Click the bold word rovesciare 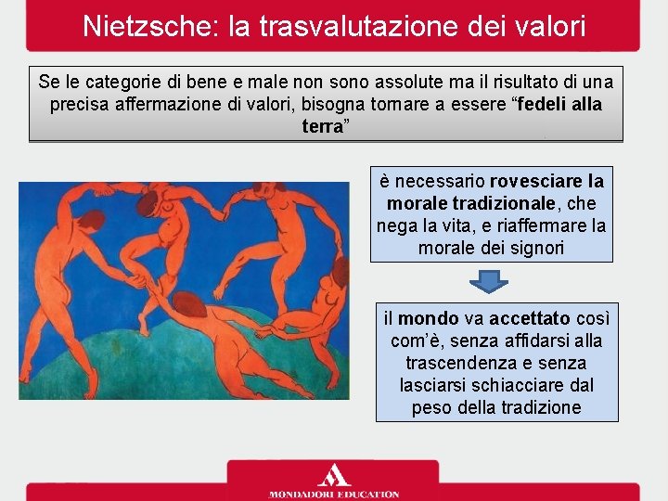(536, 180)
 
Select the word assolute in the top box (378, 83)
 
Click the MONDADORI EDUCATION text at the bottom (334, 494)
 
